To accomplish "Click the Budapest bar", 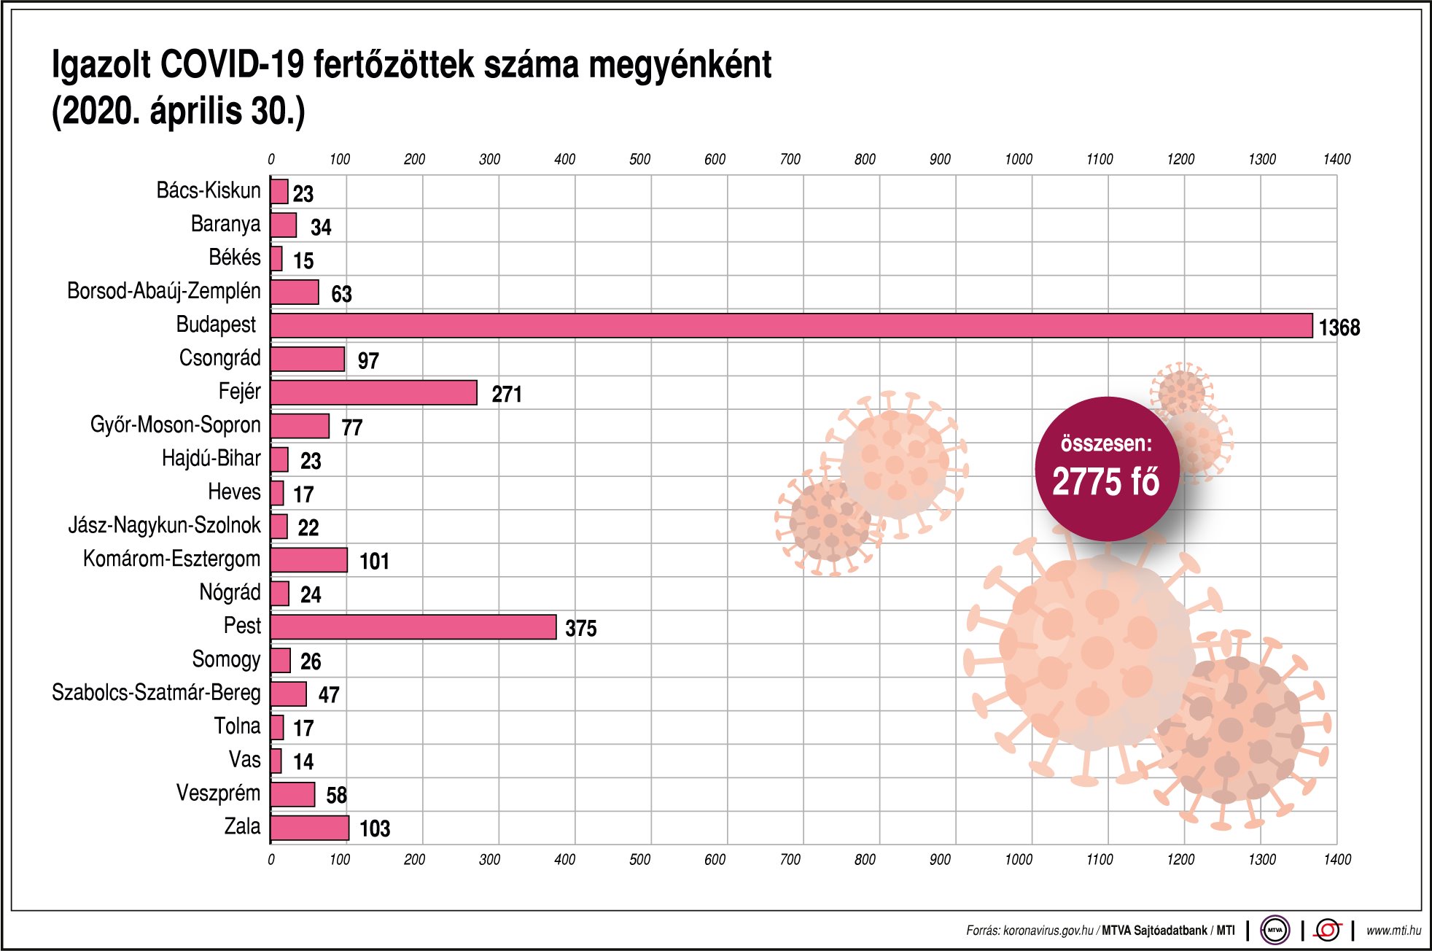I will point(791,326).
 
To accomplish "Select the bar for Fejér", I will point(373,392).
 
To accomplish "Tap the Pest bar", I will point(413,627).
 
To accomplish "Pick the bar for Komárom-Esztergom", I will point(308,560).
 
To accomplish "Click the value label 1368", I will point(1339,327).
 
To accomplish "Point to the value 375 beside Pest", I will point(580,628).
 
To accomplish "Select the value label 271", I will point(507,395).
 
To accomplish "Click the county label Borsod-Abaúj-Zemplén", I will point(163,291).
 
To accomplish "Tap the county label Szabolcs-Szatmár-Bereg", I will point(156,693).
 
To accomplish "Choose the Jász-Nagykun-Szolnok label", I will point(164,525).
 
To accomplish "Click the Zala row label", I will point(242,826).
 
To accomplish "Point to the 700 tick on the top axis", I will point(790,159).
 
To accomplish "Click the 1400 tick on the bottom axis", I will point(1337,859).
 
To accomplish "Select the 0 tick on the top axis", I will point(271,159).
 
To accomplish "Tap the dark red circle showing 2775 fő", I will point(1106,469).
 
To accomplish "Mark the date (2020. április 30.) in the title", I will point(178,112).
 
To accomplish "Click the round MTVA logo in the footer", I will point(1275,930).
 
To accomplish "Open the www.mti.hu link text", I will point(1393,930).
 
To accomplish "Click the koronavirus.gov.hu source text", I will point(1048,931).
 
